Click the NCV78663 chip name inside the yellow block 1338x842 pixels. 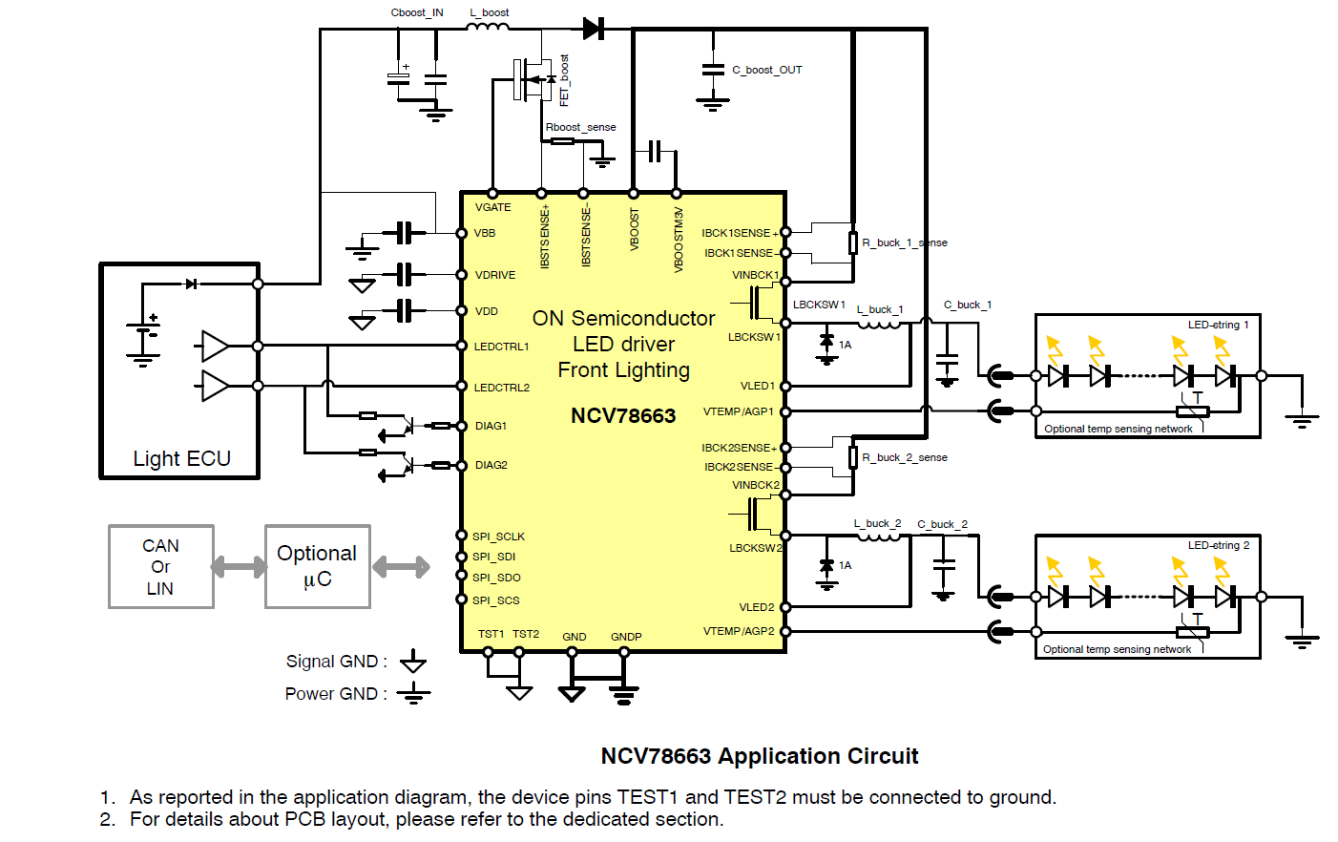tap(623, 416)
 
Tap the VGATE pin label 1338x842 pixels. tap(492, 207)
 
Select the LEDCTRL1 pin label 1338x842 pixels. tap(501, 347)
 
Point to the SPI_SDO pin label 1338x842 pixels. tap(496, 578)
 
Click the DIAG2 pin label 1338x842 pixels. tap(491, 465)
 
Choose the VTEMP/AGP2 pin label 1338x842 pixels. tap(739, 631)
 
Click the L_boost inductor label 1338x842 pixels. tap(490, 12)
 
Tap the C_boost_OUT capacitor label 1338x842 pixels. tap(767, 70)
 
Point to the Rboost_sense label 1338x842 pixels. tap(580, 127)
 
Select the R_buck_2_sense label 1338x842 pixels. tap(905, 457)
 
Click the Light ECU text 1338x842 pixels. tap(181, 459)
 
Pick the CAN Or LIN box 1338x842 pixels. tap(160, 567)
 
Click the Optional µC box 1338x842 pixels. tap(317, 567)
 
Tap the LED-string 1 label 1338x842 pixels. tap(1218, 325)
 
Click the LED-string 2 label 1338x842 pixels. tap(1218, 545)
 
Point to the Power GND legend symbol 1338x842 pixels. tap(413, 693)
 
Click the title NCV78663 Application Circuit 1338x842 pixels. tap(759, 756)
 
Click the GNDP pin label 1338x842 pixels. tap(626, 637)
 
